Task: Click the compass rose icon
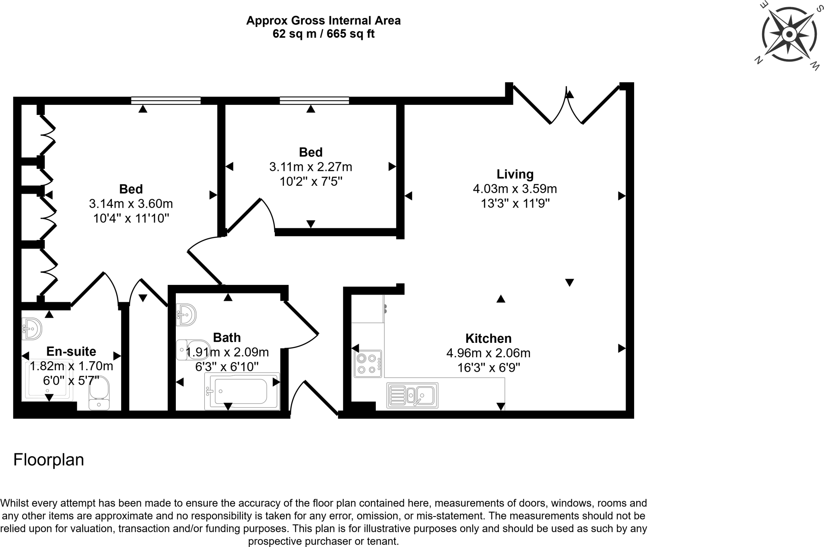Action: click(x=789, y=35)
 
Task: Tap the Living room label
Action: click(x=515, y=174)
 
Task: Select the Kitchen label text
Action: click(x=488, y=338)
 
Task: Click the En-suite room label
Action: click(x=71, y=351)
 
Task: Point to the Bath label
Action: click(x=227, y=337)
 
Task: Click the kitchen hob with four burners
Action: click(x=368, y=363)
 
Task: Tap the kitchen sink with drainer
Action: click(x=412, y=395)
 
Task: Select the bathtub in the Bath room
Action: click(x=242, y=391)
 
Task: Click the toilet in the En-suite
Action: click(x=99, y=393)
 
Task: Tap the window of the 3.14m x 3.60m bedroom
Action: click(x=166, y=100)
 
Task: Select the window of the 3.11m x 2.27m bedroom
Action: click(x=314, y=100)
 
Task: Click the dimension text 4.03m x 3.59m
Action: click(x=515, y=188)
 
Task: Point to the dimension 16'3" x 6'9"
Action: click(x=488, y=368)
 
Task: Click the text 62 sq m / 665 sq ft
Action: click(x=323, y=34)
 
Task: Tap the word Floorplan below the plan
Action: click(x=49, y=460)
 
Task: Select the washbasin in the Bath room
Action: click(x=186, y=314)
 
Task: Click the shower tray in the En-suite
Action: click(x=47, y=380)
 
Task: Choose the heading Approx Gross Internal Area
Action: click(x=323, y=20)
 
